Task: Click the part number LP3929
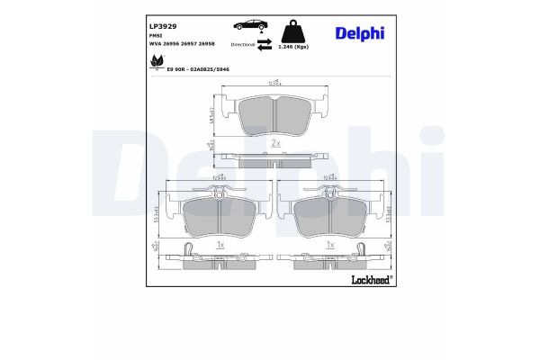coord(163,27)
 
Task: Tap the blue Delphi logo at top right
coord(359,33)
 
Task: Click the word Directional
coord(243,43)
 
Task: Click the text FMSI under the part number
coord(157,35)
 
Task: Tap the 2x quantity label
coord(274,143)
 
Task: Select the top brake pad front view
coord(273,113)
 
